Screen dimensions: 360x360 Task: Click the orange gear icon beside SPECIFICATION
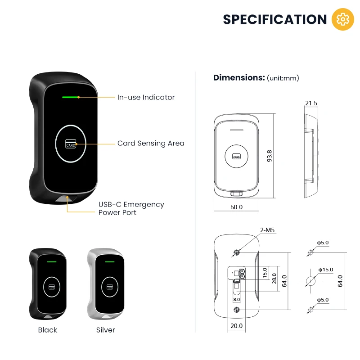(x=343, y=19)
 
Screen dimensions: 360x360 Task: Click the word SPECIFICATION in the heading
(x=275, y=19)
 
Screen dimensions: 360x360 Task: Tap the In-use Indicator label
(x=146, y=97)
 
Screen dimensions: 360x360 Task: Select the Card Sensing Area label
(x=151, y=144)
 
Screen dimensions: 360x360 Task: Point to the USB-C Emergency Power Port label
(x=131, y=208)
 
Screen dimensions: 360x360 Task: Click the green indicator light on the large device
(x=71, y=96)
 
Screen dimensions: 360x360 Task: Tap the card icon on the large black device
(x=71, y=144)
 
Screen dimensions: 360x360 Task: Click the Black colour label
(x=48, y=330)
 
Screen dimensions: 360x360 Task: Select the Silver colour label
(x=106, y=330)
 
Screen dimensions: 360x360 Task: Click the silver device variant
(x=105, y=284)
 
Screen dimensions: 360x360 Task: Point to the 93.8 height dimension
(x=270, y=156)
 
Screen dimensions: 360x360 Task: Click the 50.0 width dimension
(x=237, y=207)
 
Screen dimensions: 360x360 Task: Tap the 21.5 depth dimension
(x=311, y=103)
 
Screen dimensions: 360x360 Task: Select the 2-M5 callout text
(x=267, y=230)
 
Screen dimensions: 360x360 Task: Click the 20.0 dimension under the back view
(x=236, y=326)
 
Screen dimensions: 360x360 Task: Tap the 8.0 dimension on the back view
(x=237, y=299)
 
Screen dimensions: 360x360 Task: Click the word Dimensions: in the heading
(x=239, y=77)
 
